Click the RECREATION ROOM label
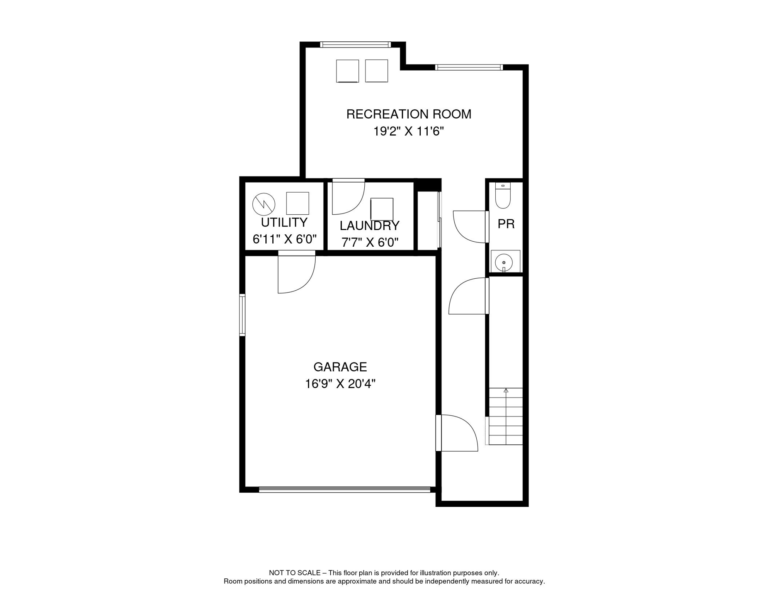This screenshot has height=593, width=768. point(409,114)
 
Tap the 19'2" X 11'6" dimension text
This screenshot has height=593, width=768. point(408,132)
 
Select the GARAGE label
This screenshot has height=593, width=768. point(340,367)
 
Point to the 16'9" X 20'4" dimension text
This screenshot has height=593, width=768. point(340,384)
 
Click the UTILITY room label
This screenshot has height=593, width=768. point(284,223)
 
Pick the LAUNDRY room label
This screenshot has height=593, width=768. point(369,225)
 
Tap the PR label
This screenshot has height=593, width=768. point(506,224)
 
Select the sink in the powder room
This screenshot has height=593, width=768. point(504,263)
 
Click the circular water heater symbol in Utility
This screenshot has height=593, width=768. point(264,204)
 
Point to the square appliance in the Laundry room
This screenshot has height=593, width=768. point(382,209)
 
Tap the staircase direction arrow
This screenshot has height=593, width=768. point(506,391)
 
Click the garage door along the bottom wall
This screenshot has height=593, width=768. point(345,490)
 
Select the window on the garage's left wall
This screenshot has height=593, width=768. point(242,315)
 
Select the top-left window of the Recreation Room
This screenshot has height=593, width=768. point(355,45)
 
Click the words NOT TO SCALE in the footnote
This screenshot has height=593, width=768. point(294,573)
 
